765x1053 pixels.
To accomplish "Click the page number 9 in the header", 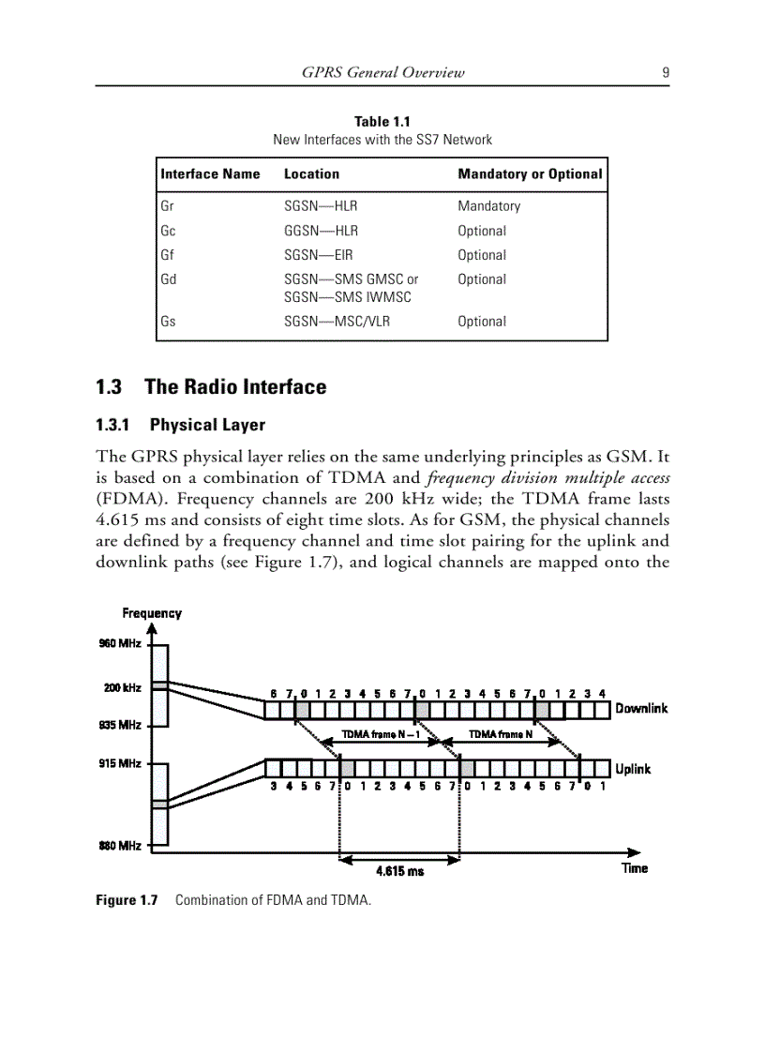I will (664, 72).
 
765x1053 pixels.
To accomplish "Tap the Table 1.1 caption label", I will (382, 121).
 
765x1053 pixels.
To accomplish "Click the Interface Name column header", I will (210, 173).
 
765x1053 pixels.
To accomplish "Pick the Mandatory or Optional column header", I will (530, 173).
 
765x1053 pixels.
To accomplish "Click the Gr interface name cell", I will (167, 206).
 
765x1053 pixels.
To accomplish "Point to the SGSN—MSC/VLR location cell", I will (337, 321).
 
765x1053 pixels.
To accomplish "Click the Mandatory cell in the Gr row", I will (488, 206).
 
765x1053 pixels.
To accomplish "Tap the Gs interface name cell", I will (168, 321).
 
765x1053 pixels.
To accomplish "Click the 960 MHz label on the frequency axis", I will (119, 643).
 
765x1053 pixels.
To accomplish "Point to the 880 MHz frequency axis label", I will (119, 846).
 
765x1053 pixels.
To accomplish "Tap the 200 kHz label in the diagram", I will (122, 687).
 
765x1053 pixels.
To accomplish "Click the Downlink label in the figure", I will (641, 709).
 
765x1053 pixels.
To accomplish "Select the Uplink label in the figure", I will (633, 769).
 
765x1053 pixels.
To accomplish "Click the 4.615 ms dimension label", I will (399, 871).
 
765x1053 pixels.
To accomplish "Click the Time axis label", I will (634, 868).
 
